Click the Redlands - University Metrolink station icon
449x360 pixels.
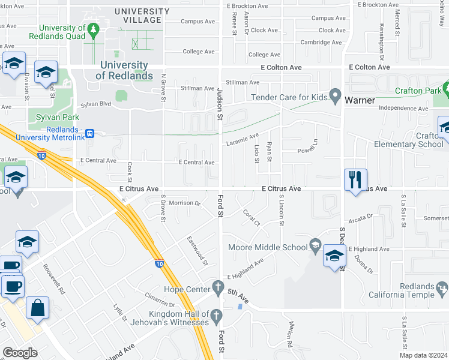(90, 133)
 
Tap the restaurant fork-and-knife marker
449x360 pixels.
(355, 179)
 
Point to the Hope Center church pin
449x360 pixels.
(216, 286)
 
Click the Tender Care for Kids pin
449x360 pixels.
(336, 97)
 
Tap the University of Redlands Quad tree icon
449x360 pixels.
(92, 29)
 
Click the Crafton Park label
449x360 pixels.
(418, 91)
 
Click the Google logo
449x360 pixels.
(20, 353)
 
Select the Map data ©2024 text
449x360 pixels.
(423, 355)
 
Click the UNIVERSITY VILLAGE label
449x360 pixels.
(142, 16)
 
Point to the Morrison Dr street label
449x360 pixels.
(184, 203)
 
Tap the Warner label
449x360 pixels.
(359, 100)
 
